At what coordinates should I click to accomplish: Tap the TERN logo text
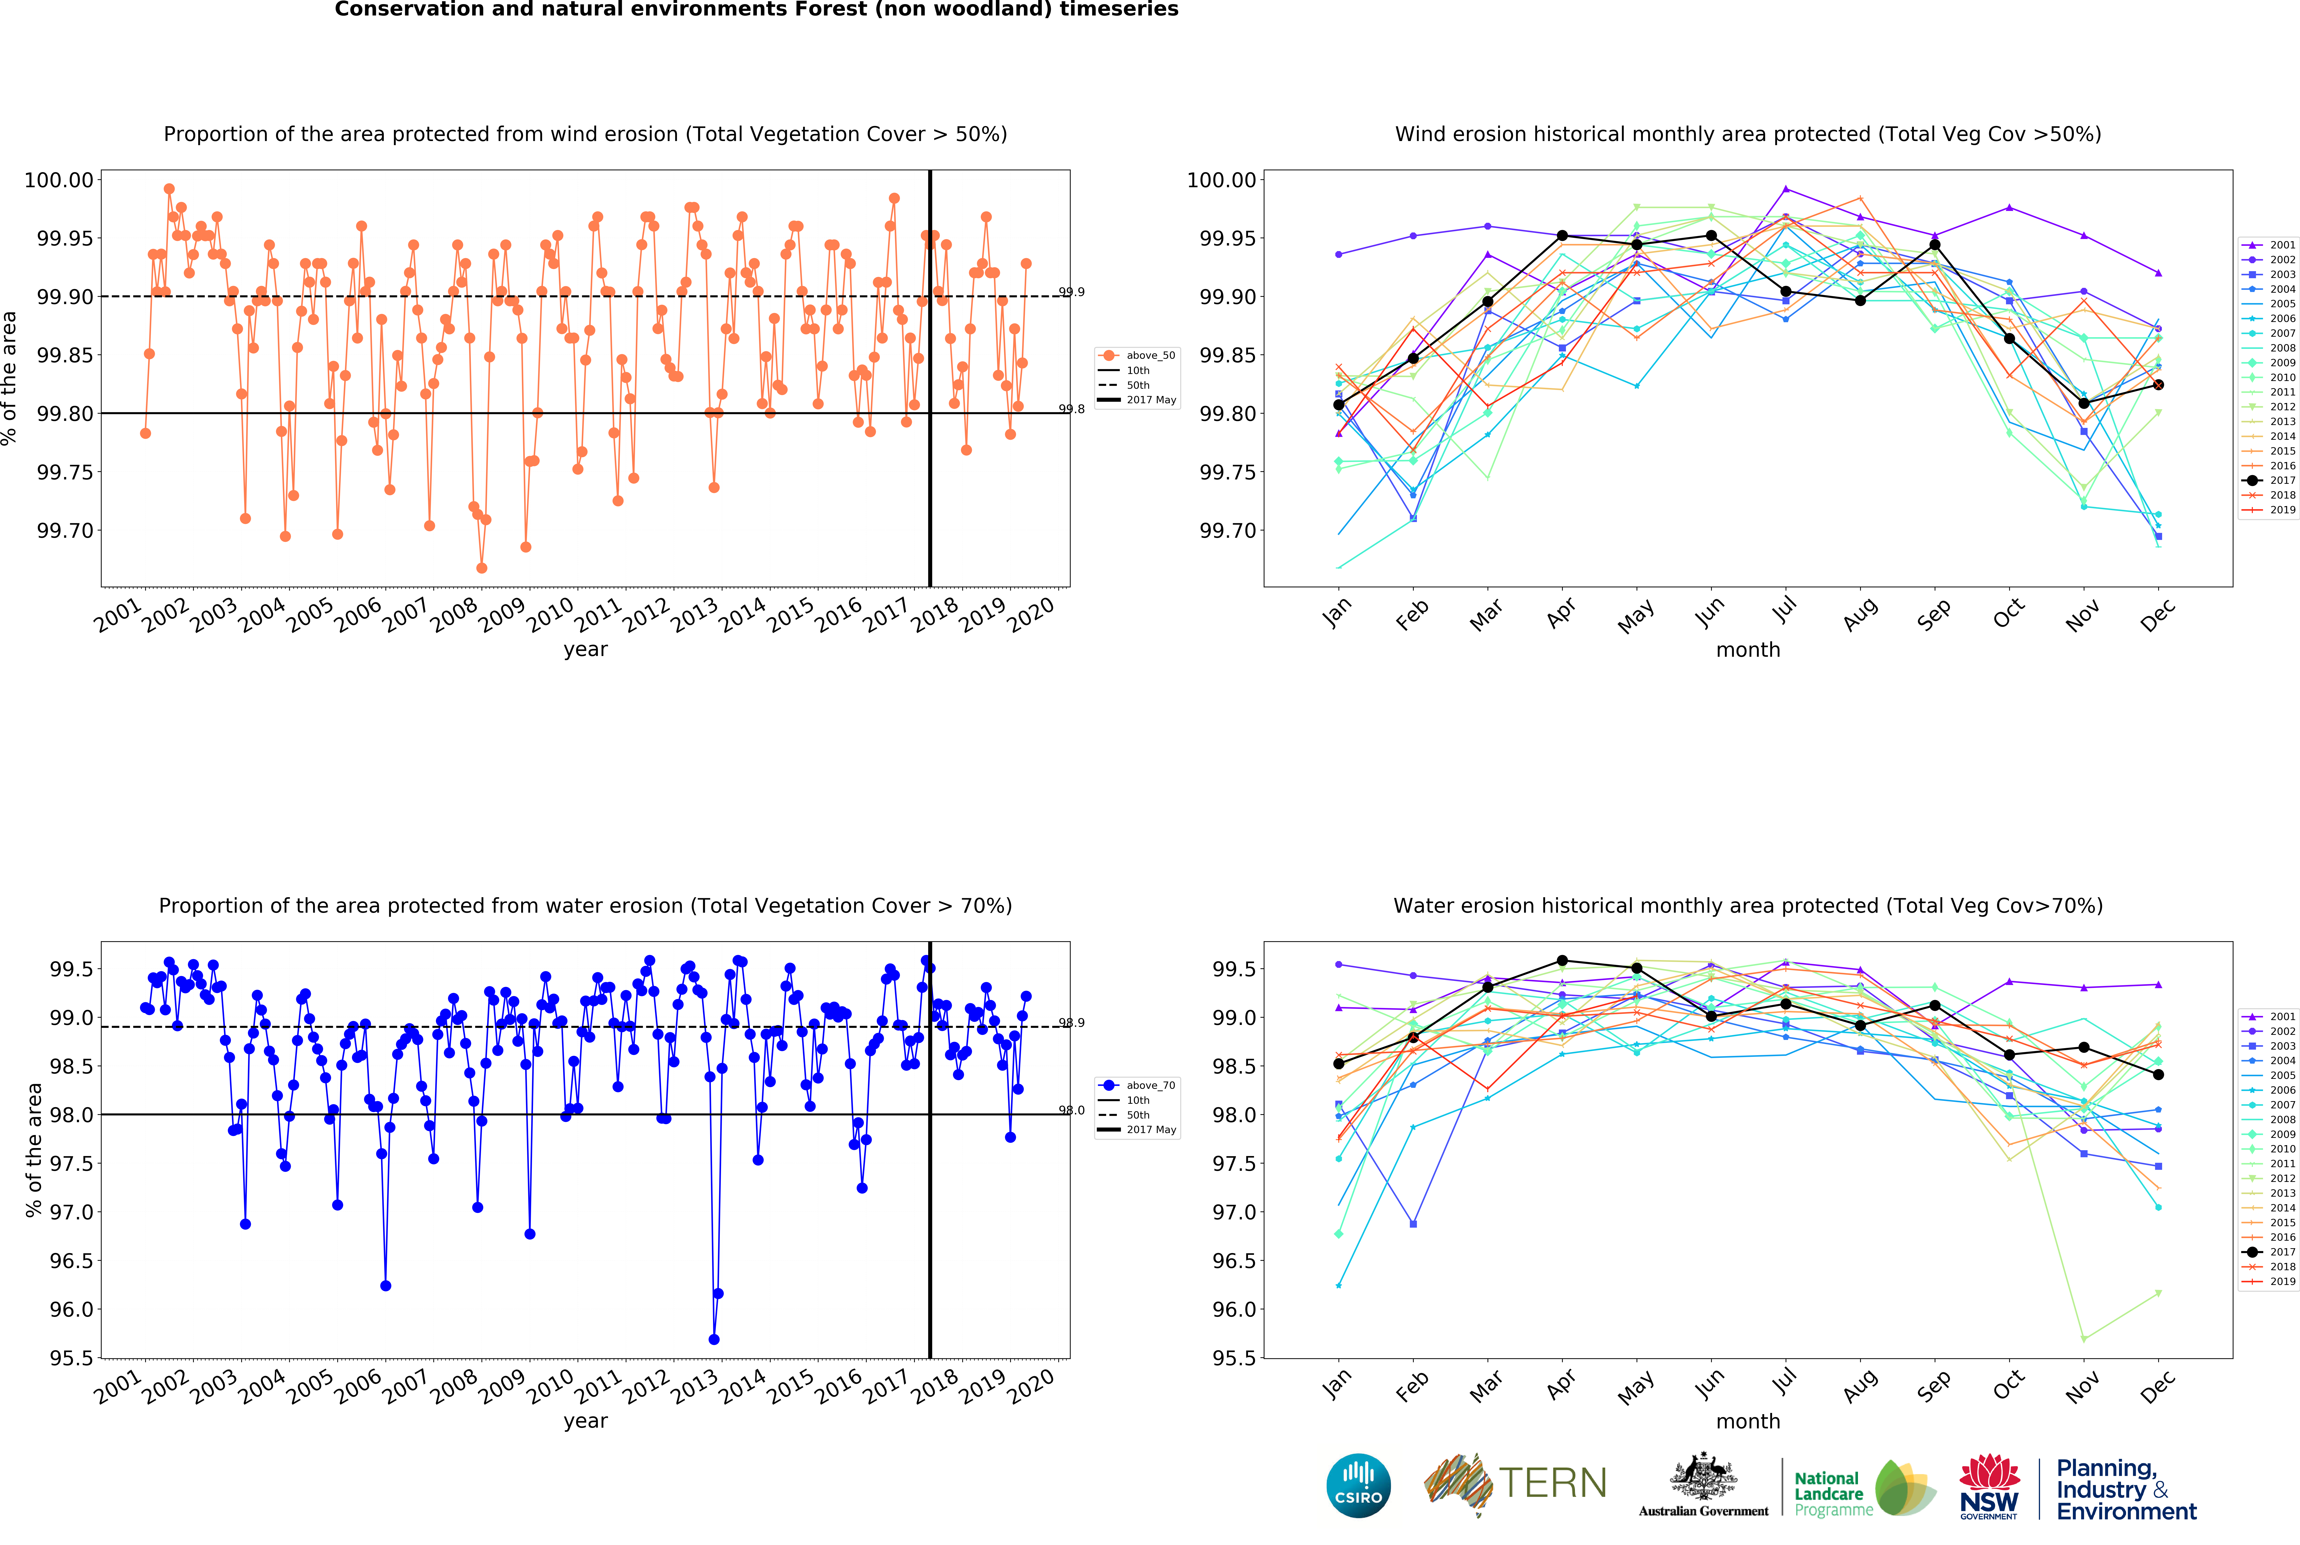pos(1552,1483)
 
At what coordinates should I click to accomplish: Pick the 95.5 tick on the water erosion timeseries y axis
pos(71,1358)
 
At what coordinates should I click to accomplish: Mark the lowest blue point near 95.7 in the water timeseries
pos(714,1339)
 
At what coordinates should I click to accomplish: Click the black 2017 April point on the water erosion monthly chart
pos(1562,961)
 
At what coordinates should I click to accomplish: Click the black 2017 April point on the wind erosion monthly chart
pos(1562,236)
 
